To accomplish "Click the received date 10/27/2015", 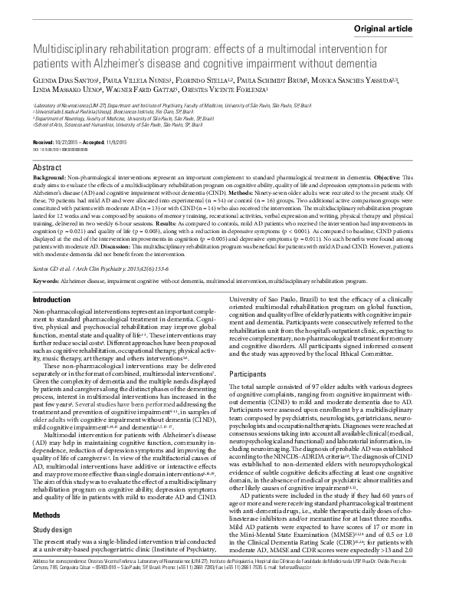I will [x=71, y=143].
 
